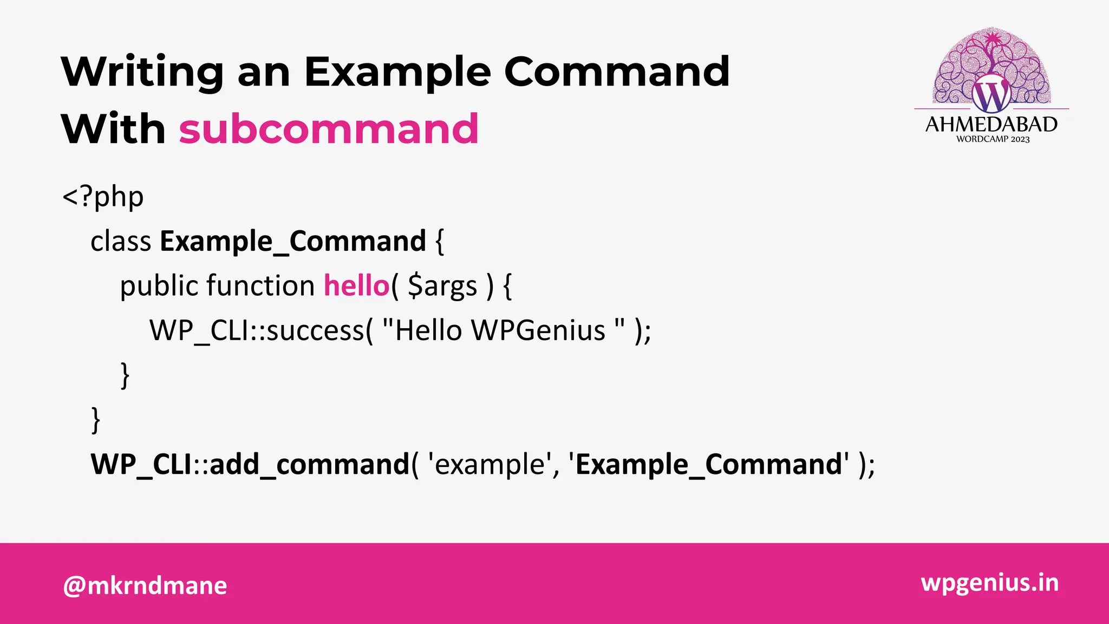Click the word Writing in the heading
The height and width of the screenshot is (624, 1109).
(142, 71)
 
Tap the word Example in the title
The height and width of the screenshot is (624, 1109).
(397, 71)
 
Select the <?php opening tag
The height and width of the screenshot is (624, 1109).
(103, 197)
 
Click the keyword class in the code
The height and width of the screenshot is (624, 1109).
(121, 241)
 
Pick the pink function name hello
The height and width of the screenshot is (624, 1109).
(356, 285)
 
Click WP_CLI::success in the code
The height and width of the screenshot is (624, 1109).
(257, 330)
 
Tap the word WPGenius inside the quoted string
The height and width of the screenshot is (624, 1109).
(538, 330)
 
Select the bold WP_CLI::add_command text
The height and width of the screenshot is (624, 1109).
(250, 464)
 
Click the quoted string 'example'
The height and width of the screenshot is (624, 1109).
(490, 464)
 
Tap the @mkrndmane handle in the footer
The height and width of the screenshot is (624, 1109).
(145, 586)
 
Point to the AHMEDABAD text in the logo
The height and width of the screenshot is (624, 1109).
(991, 125)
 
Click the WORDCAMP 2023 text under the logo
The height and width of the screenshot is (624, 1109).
(992, 139)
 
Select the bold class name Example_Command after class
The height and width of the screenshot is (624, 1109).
(293, 241)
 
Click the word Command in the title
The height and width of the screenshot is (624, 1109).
(617, 71)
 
